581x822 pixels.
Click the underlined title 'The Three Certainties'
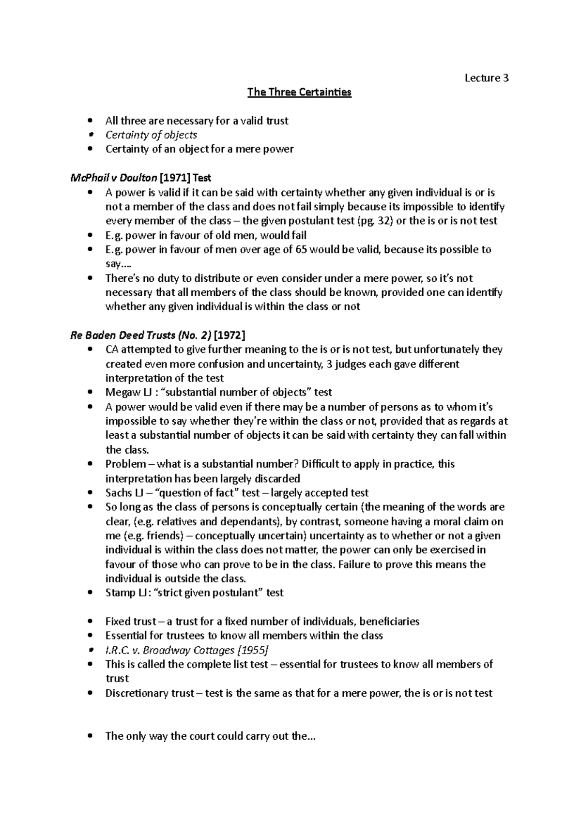[x=299, y=92]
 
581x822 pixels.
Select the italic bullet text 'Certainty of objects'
[x=151, y=135]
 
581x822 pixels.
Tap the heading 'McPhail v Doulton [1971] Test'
[x=141, y=178]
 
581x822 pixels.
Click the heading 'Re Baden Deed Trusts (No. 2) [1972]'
[x=158, y=335]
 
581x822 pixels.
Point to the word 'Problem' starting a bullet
[x=125, y=464]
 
